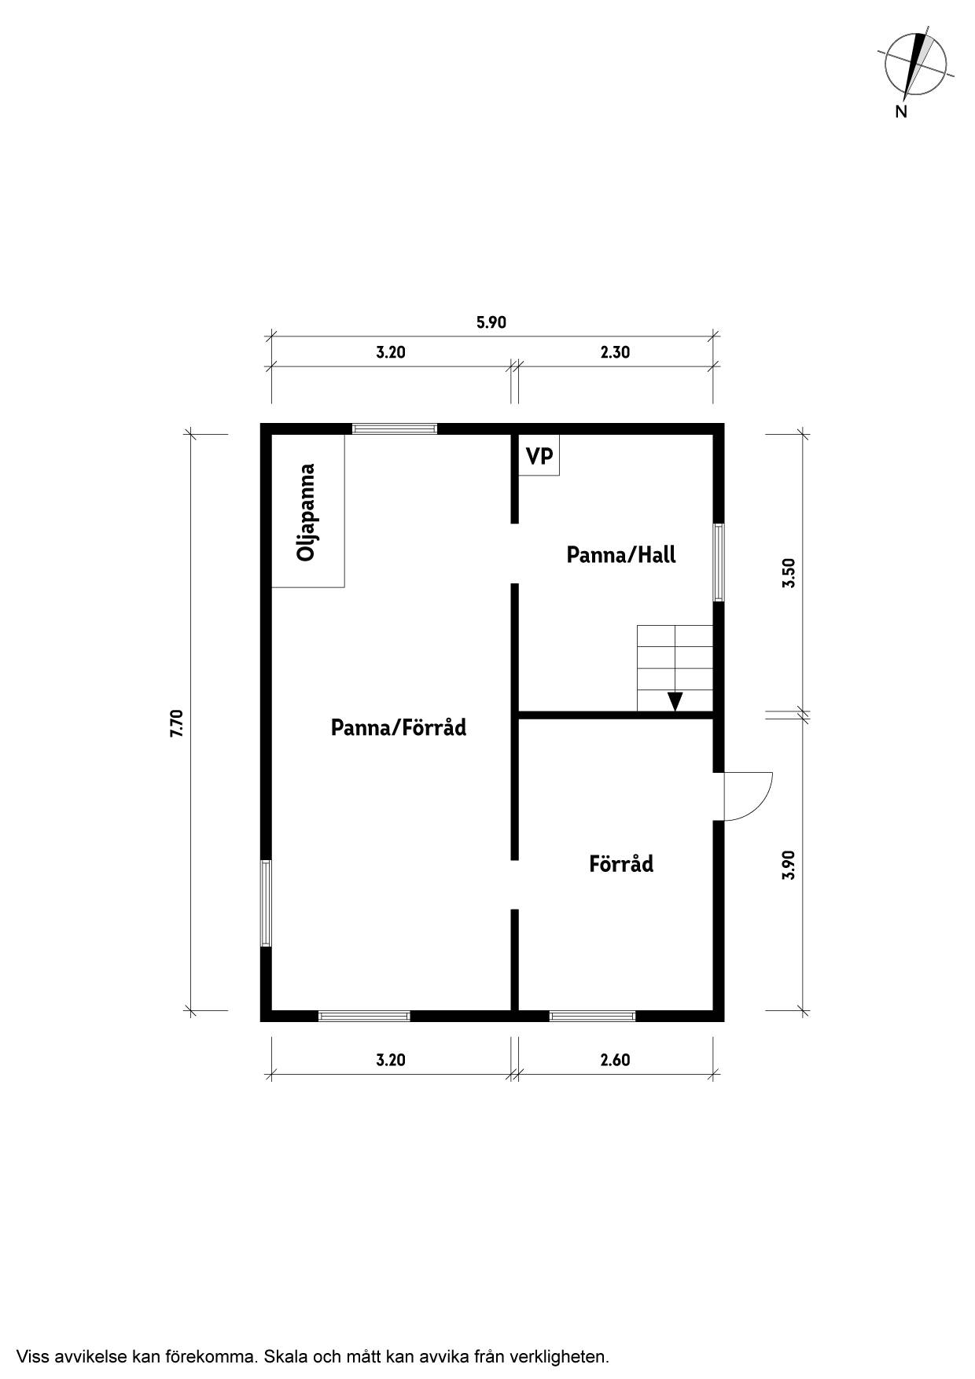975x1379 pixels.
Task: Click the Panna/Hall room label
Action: [x=621, y=555]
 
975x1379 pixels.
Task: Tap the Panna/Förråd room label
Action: [x=398, y=727]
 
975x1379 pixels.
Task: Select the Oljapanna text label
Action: [x=306, y=512]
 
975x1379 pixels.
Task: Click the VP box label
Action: [x=539, y=456]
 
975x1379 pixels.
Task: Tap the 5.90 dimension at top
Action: [x=491, y=322]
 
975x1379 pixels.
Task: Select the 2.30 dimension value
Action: [x=615, y=352]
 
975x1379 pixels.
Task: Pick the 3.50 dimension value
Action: [x=789, y=572]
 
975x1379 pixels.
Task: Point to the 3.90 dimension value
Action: [x=789, y=865]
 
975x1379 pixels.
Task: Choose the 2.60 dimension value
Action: [x=615, y=1060]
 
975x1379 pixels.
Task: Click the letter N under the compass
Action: [x=901, y=112]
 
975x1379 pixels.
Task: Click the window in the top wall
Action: [x=394, y=428]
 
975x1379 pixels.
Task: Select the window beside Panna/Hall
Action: [x=719, y=562]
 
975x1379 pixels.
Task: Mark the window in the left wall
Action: [x=266, y=903]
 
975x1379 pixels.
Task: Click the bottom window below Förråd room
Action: [x=592, y=1016]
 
